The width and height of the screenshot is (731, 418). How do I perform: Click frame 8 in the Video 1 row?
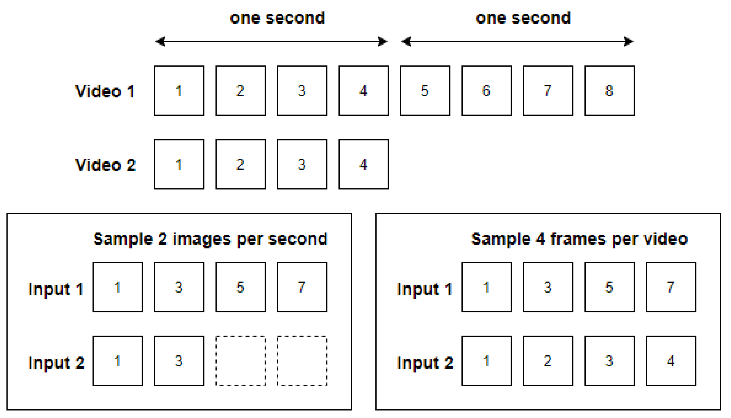[609, 90]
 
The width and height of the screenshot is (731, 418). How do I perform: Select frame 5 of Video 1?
[425, 90]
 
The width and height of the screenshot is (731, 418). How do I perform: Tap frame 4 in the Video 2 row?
[363, 164]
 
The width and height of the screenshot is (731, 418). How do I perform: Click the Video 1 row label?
[105, 91]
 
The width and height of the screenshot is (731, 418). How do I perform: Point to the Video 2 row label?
[105, 165]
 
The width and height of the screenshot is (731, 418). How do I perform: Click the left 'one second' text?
[277, 18]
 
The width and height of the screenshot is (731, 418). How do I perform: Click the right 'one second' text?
[523, 18]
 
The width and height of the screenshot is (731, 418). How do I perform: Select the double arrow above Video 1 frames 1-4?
[271, 41]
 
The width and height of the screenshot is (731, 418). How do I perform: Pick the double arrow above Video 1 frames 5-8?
[517, 41]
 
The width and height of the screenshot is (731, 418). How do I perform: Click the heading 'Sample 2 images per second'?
[211, 239]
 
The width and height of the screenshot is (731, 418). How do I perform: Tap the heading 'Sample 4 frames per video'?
[579, 239]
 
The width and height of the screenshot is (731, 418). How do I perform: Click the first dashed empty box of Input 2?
[241, 361]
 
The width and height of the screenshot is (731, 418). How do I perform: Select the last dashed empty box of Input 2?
[302, 361]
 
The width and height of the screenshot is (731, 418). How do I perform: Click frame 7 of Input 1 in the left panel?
[302, 287]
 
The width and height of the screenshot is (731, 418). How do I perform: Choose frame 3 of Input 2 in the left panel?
[179, 361]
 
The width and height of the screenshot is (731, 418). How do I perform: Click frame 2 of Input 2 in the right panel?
[548, 361]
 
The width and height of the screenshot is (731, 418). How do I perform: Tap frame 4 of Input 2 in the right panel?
[671, 361]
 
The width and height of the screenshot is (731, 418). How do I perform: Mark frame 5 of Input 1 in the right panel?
[609, 287]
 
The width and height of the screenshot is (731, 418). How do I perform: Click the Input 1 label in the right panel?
[424, 289]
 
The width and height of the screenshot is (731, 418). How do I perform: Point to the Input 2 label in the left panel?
[56, 363]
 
